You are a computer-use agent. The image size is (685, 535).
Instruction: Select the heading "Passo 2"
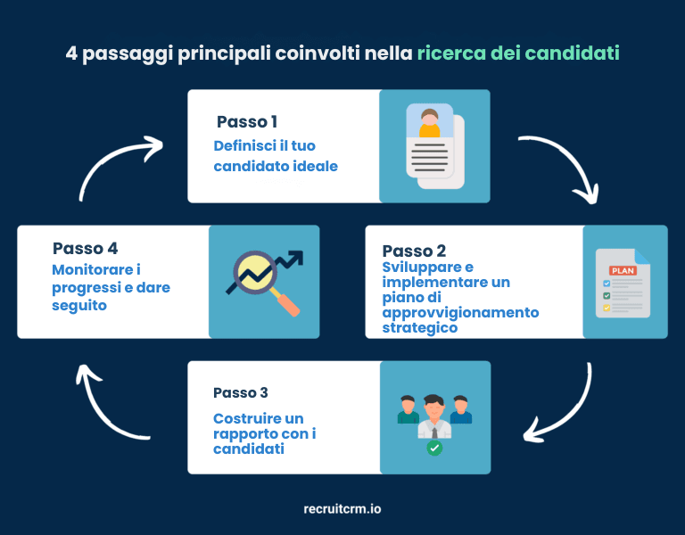click(x=414, y=251)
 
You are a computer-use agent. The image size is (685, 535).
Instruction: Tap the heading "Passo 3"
click(x=241, y=393)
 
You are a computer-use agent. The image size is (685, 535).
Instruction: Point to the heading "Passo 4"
click(x=85, y=248)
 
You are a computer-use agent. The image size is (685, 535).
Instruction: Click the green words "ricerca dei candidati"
click(x=518, y=53)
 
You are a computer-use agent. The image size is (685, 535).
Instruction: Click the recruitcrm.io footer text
click(x=342, y=509)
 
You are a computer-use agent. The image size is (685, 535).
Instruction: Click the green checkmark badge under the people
click(x=434, y=448)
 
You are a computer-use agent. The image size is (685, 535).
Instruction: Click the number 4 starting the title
click(x=71, y=53)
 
